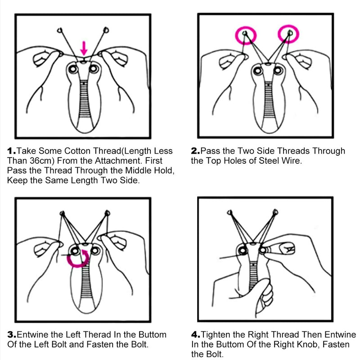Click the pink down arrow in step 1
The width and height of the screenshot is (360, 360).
[84, 48]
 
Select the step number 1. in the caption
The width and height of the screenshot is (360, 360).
[12, 151]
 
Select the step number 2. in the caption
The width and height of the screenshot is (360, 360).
[195, 151]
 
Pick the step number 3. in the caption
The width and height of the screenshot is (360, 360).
[12, 334]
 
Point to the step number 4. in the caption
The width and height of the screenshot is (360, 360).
[196, 334]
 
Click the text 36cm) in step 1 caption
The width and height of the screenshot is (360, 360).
[42, 161]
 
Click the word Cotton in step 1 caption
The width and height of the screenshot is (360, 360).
[77, 151]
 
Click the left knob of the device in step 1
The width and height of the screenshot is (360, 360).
[73, 69]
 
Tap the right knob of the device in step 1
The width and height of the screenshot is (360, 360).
[94, 69]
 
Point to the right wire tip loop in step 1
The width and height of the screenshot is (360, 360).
[106, 30]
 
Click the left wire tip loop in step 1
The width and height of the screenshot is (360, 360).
[60, 30]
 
